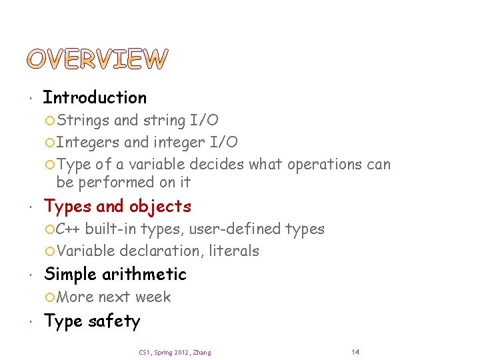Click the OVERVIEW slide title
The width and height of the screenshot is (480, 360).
point(106,59)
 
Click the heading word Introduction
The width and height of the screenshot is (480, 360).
point(95,97)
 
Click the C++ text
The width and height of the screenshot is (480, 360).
point(68,229)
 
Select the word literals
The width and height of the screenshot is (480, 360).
point(233,251)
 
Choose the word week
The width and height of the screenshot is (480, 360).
point(153,297)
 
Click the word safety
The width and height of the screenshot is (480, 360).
point(114,321)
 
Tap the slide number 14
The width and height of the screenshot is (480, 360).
point(355,352)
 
